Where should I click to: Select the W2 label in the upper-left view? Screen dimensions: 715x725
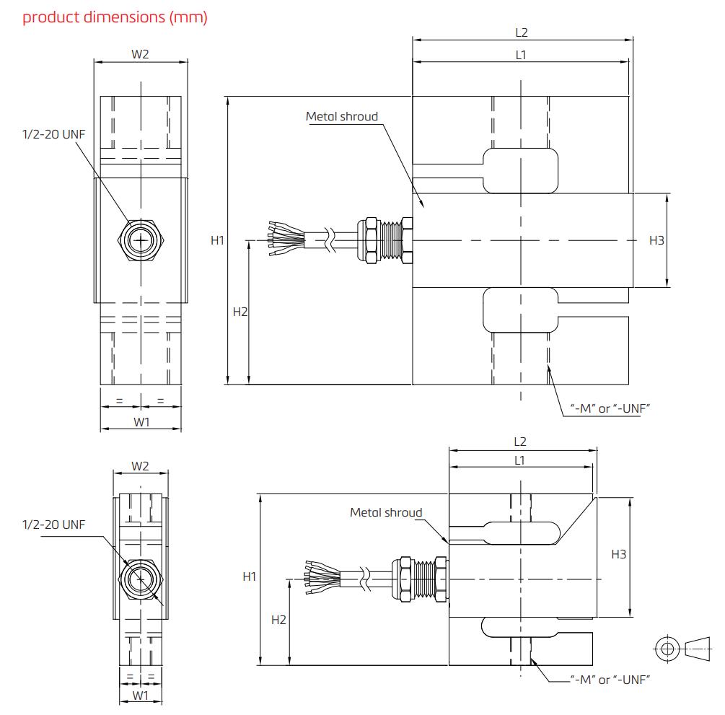click(x=141, y=53)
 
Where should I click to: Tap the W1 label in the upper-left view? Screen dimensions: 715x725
click(x=141, y=422)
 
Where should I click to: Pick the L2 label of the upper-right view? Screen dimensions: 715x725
click(x=522, y=32)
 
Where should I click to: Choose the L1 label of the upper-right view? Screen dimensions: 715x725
click(x=520, y=54)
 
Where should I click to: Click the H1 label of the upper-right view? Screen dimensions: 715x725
click(x=217, y=240)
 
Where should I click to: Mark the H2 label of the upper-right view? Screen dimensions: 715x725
click(x=240, y=312)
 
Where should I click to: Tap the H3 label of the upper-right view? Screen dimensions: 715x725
click(x=656, y=240)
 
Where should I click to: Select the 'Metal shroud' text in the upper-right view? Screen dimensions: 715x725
click(x=342, y=116)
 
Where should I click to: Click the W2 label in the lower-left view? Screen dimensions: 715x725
click(x=141, y=466)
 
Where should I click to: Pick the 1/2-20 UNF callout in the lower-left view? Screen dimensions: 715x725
click(x=53, y=525)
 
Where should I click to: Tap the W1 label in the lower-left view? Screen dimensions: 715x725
click(x=141, y=696)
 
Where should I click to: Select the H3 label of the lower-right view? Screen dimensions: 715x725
click(x=619, y=554)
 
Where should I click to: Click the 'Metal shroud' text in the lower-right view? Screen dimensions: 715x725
click(x=386, y=512)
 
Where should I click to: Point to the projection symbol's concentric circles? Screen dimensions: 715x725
click(x=667, y=648)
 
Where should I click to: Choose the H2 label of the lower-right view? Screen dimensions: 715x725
click(x=278, y=619)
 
